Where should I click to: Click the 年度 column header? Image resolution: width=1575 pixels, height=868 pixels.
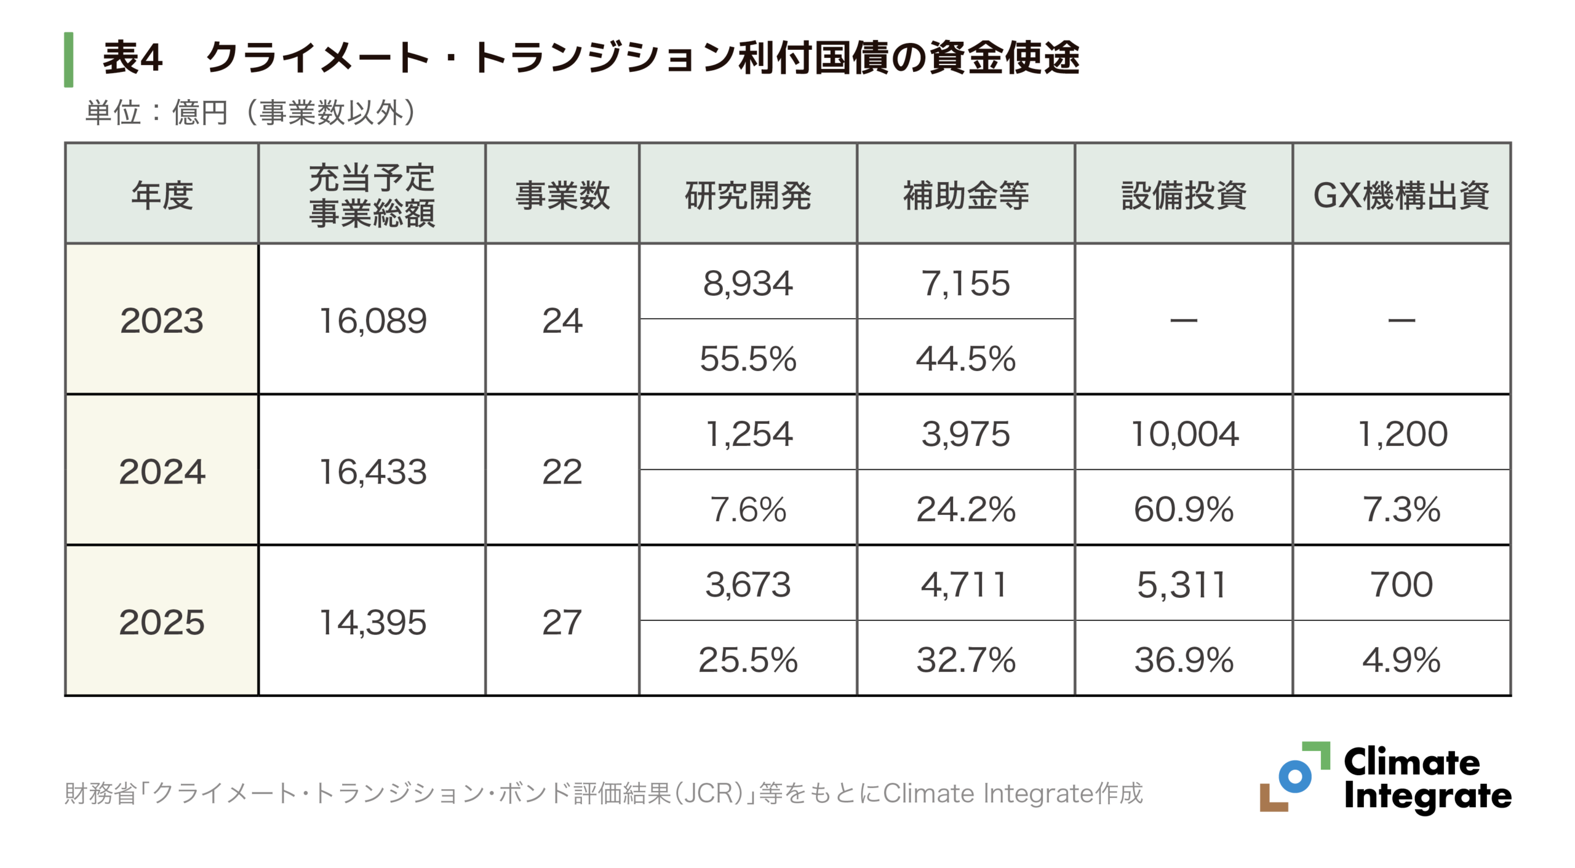click(162, 196)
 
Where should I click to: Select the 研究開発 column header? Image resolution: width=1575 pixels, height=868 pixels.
click(748, 196)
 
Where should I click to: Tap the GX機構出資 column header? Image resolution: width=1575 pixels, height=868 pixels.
click(1401, 196)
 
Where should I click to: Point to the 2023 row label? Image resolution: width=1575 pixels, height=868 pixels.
click(162, 321)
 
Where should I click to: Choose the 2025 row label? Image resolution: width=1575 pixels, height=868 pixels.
click(162, 622)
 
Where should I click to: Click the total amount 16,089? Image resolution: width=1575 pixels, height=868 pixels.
click(373, 321)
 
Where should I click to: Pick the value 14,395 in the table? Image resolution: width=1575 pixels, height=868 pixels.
click(373, 622)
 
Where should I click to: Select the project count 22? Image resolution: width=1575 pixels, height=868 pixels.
click(562, 472)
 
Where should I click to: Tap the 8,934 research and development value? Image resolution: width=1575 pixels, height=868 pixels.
click(748, 284)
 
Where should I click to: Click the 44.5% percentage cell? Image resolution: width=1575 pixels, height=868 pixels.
click(965, 359)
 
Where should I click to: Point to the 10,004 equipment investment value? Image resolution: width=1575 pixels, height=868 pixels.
click(1184, 434)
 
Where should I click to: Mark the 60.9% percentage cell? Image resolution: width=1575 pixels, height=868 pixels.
click(1184, 509)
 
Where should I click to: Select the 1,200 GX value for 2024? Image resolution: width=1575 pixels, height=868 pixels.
click(1402, 434)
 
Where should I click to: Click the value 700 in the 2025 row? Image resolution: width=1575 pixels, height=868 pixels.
click(1402, 584)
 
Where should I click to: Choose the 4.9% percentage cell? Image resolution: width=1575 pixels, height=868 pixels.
click(1402, 660)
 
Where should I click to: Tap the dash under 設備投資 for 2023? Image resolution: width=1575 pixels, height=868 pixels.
click(1184, 321)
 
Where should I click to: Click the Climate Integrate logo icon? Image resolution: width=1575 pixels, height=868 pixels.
click(1294, 776)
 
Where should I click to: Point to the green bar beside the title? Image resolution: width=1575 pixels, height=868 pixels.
click(69, 60)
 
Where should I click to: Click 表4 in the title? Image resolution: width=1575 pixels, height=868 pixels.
click(132, 58)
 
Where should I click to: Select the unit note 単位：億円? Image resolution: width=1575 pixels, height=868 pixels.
click(157, 113)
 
